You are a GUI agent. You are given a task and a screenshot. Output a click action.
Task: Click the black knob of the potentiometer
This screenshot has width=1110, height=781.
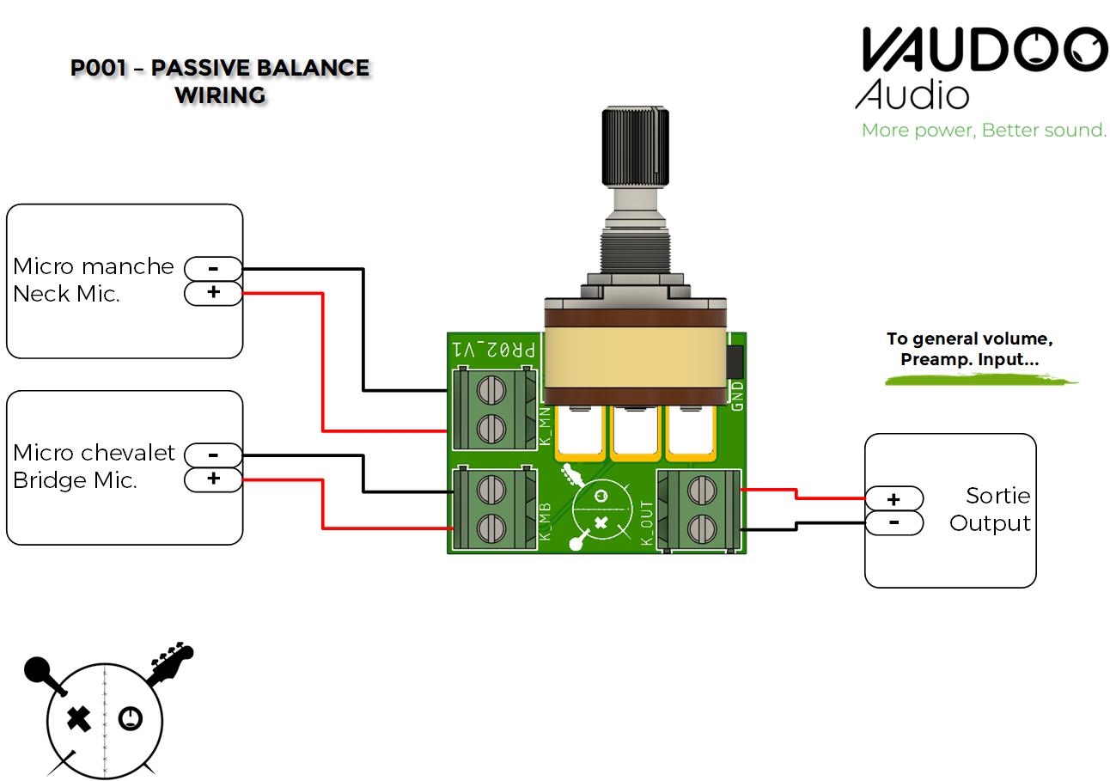pyautogui.click(x=636, y=145)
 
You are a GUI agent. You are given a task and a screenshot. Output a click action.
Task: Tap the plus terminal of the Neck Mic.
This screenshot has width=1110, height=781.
pyautogui.click(x=213, y=293)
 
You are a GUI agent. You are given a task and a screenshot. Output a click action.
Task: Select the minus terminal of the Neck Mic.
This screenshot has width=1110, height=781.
pyautogui.click(x=213, y=269)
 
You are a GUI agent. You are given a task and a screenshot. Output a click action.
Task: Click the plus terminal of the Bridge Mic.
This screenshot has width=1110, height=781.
pyautogui.click(x=213, y=479)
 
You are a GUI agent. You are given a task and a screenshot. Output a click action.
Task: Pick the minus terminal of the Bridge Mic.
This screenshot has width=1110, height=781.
pyautogui.click(x=213, y=455)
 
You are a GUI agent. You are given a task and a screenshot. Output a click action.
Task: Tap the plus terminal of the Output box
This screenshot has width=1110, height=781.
pyautogui.click(x=893, y=499)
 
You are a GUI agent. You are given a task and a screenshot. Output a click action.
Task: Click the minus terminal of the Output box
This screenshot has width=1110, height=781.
pyautogui.click(x=893, y=522)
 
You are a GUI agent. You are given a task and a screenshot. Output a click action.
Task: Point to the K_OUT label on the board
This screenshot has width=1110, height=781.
pyautogui.click(x=647, y=524)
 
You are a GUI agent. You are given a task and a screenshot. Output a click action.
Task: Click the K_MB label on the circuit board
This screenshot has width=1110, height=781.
pyautogui.click(x=545, y=519)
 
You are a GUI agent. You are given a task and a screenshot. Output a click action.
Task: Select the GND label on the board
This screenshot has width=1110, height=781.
pyautogui.click(x=736, y=396)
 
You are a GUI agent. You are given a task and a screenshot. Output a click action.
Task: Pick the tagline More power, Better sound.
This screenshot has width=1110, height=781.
pyautogui.click(x=984, y=131)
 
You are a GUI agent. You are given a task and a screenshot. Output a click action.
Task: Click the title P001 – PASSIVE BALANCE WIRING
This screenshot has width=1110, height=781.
pyautogui.click(x=220, y=81)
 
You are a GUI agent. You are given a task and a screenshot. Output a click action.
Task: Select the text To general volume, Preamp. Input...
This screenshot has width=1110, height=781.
pyautogui.click(x=969, y=349)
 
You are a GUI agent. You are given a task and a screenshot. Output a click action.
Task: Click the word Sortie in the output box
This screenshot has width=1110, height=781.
pyautogui.click(x=997, y=496)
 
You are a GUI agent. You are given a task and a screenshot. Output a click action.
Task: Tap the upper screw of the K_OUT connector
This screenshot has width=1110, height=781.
pyautogui.click(x=703, y=491)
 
